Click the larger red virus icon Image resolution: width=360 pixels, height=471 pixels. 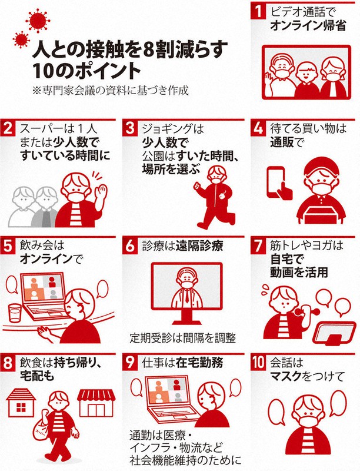coord(38,21)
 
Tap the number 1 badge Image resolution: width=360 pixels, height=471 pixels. coord(258,11)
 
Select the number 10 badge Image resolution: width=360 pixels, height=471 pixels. coord(258,363)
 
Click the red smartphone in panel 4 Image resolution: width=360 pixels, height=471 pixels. coord(276,182)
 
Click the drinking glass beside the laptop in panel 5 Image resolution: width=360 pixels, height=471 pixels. coord(15,313)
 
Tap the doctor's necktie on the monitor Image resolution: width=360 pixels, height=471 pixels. coord(187,296)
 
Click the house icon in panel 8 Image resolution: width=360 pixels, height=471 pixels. coord(21,403)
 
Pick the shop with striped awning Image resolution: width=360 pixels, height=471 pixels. coord(96,403)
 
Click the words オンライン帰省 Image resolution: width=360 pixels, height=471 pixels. coord(308,26)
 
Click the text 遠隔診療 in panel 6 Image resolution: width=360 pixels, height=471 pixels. coord(199,246)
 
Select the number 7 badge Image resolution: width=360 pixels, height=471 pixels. coord(258,246)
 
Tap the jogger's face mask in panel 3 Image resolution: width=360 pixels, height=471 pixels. coord(216,180)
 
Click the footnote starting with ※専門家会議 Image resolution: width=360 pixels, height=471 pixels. coord(111,91)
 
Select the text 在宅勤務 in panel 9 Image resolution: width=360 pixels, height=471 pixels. coord(199,363)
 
